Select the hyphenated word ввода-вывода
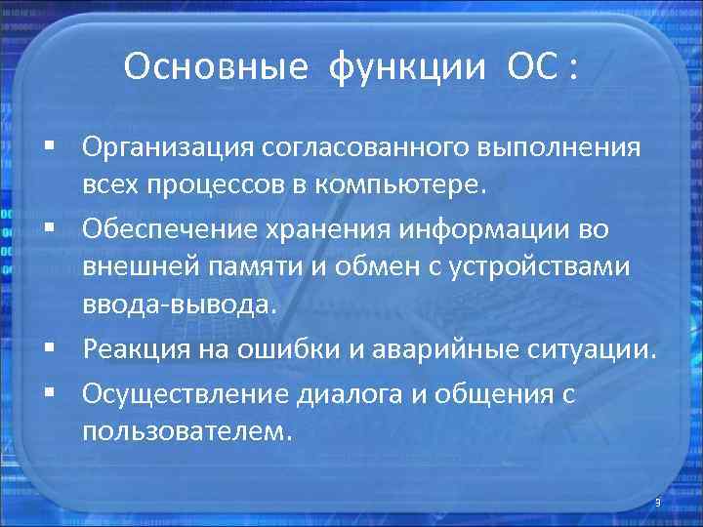click(180, 305)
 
